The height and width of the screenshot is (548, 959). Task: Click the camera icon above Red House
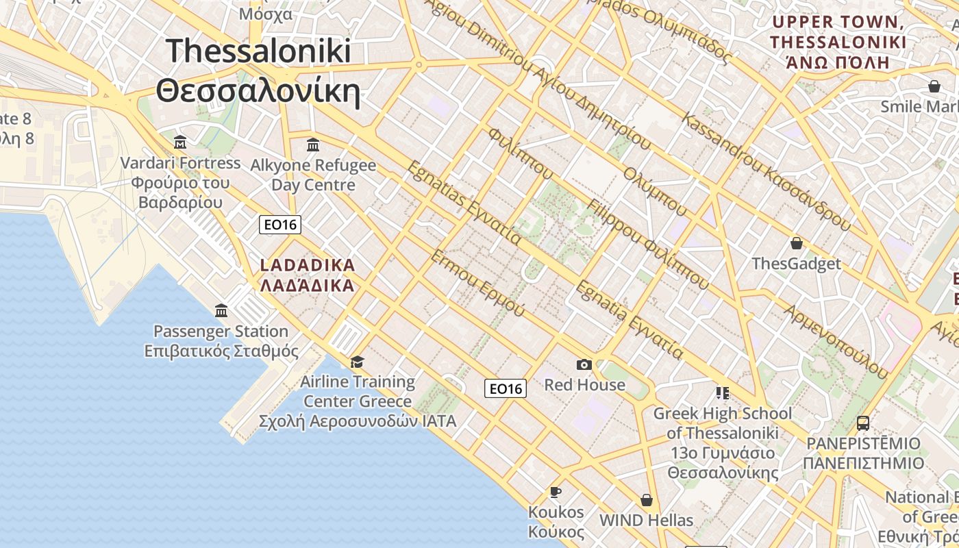pos(584,364)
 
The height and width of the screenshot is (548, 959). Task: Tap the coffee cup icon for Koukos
pos(556,492)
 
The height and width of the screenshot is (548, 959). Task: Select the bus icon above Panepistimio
pos(863,423)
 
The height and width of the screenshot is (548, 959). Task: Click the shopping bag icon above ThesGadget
pos(797,243)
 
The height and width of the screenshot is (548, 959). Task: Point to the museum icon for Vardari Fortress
pos(180,142)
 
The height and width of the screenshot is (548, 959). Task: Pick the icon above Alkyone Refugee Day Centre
pos(313,145)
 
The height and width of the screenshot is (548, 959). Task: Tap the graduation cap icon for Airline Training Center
pos(357,362)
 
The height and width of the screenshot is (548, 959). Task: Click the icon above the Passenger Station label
pos(221,311)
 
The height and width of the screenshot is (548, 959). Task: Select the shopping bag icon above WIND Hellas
pos(646,500)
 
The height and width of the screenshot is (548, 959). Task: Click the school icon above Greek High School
pos(722,393)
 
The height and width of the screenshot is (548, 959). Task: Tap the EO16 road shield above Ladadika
pos(280,224)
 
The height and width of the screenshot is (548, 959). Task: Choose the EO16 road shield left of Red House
pos(506,389)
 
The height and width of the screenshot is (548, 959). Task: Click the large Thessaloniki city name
pos(258,71)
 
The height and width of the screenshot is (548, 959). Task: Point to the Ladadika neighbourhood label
pos(308,275)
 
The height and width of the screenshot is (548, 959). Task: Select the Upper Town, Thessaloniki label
pos(838,42)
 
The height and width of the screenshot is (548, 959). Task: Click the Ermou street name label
pos(477,284)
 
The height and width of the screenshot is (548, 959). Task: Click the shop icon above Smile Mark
pos(934,86)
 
